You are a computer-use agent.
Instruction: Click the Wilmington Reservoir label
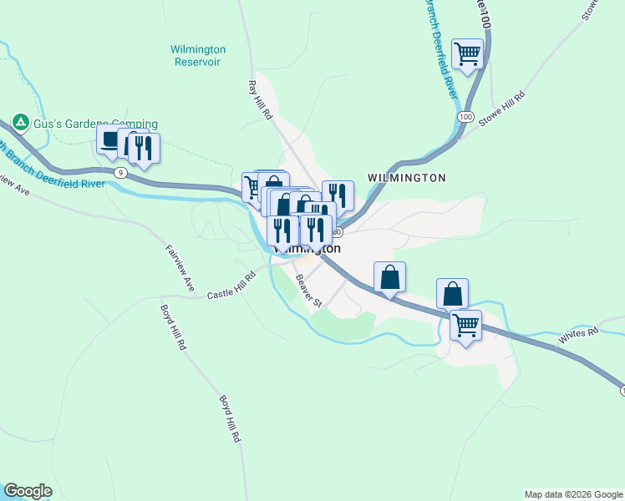[198, 55]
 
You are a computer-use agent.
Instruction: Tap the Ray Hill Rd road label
[261, 99]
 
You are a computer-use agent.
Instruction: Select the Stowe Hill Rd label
[501, 108]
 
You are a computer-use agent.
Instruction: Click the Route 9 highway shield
[121, 173]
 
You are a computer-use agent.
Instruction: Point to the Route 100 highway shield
[465, 116]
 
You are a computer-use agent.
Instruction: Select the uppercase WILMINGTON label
[406, 178]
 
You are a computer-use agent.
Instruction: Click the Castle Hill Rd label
[231, 288]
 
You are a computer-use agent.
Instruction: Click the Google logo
[28, 491]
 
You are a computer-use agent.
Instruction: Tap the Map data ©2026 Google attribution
[572, 494]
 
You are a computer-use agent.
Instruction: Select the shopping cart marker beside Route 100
[468, 54]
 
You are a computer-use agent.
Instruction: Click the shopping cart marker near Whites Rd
[466, 325]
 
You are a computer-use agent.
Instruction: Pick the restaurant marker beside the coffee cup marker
[145, 149]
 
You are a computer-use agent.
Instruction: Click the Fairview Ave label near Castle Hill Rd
[179, 267]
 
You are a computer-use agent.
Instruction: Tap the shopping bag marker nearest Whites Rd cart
[452, 294]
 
